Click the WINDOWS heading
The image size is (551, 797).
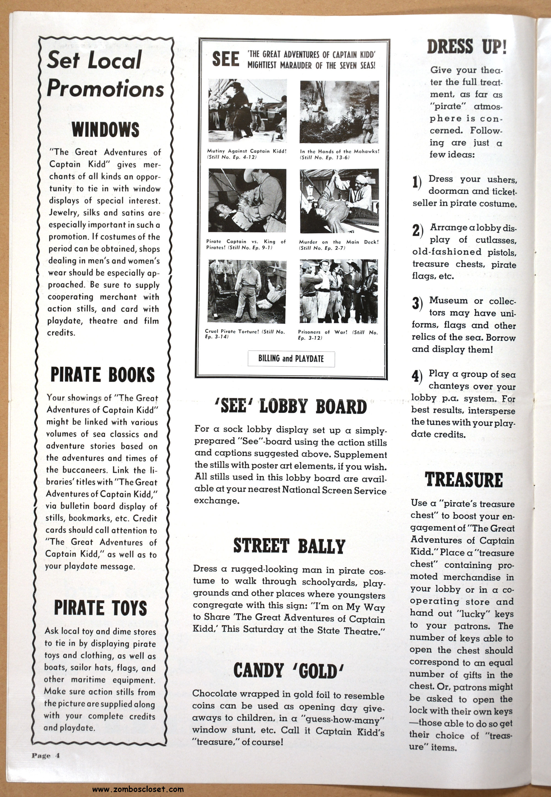pos(105,130)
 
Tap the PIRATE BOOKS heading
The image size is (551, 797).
pos(102,375)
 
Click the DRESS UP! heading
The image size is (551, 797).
pos(467,47)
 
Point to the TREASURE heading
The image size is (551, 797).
pos(464,480)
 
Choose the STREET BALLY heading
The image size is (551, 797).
pos(289,546)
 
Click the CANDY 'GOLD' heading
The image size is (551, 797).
pos(289,670)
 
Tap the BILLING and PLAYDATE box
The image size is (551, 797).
pos(291,359)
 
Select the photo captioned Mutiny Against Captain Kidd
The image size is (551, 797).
pos(247,111)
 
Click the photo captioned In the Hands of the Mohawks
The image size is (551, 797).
pos(339,112)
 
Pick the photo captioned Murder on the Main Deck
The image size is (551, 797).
pos(339,201)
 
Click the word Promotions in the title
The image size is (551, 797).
pos(105,88)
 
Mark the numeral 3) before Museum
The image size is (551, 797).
pos(417,303)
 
